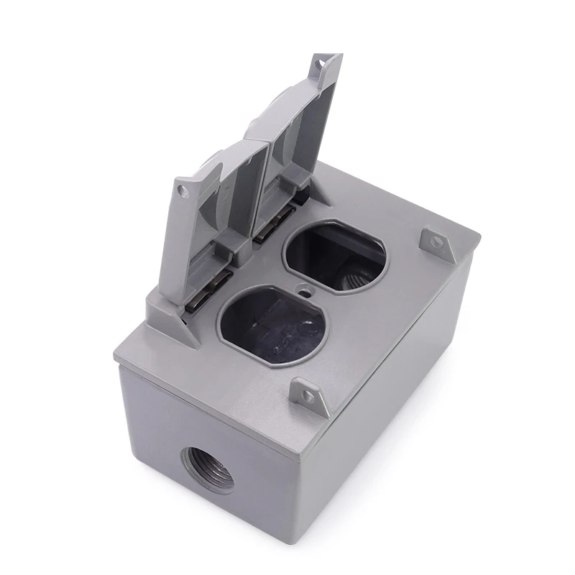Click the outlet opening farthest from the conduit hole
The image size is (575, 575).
[x=335, y=257]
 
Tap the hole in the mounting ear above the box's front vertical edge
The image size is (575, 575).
[x=308, y=395]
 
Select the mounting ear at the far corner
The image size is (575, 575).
[x=437, y=242]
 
